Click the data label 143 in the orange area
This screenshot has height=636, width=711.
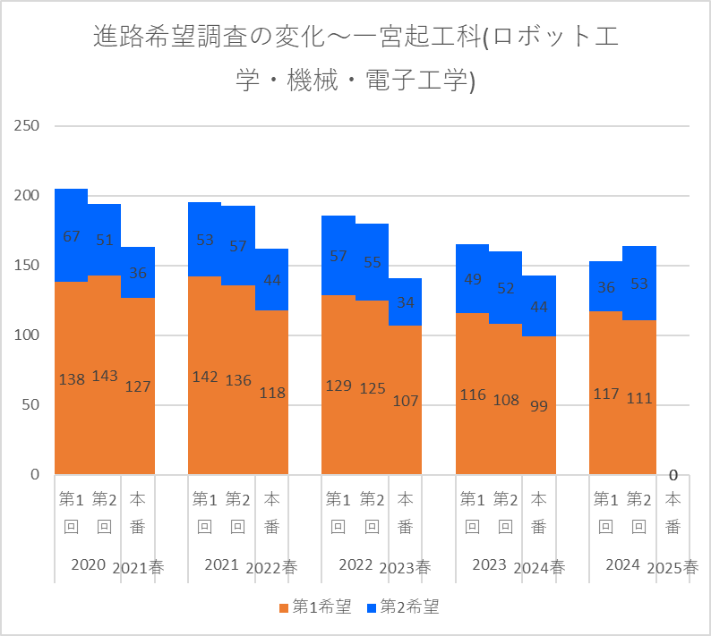pos(105,376)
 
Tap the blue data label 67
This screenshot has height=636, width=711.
pos(72,236)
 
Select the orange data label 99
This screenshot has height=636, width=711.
pos(539,406)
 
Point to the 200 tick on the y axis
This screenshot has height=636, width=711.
pos(26,196)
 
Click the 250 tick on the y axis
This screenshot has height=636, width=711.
pos(26,125)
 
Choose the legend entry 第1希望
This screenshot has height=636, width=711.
pos(315,607)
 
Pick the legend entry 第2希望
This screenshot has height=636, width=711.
pos(403,607)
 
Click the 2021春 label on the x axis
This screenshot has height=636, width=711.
pos(138,568)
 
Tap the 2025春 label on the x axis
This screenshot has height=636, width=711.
pos(672,568)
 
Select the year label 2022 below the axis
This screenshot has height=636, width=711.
pos(355,564)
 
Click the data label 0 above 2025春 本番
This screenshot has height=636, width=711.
pos(672,475)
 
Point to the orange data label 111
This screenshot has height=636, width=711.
pos(638,399)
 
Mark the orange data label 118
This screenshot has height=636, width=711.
pos(272,394)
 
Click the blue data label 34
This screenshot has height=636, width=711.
pos(406,302)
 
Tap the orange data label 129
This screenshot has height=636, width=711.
pos(338,386)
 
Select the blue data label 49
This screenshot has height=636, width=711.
pos(473,279)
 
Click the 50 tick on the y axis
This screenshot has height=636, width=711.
pos(30,405)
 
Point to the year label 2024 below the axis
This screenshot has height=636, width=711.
pos(622,564)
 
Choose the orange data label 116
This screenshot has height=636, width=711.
pos(473,395)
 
